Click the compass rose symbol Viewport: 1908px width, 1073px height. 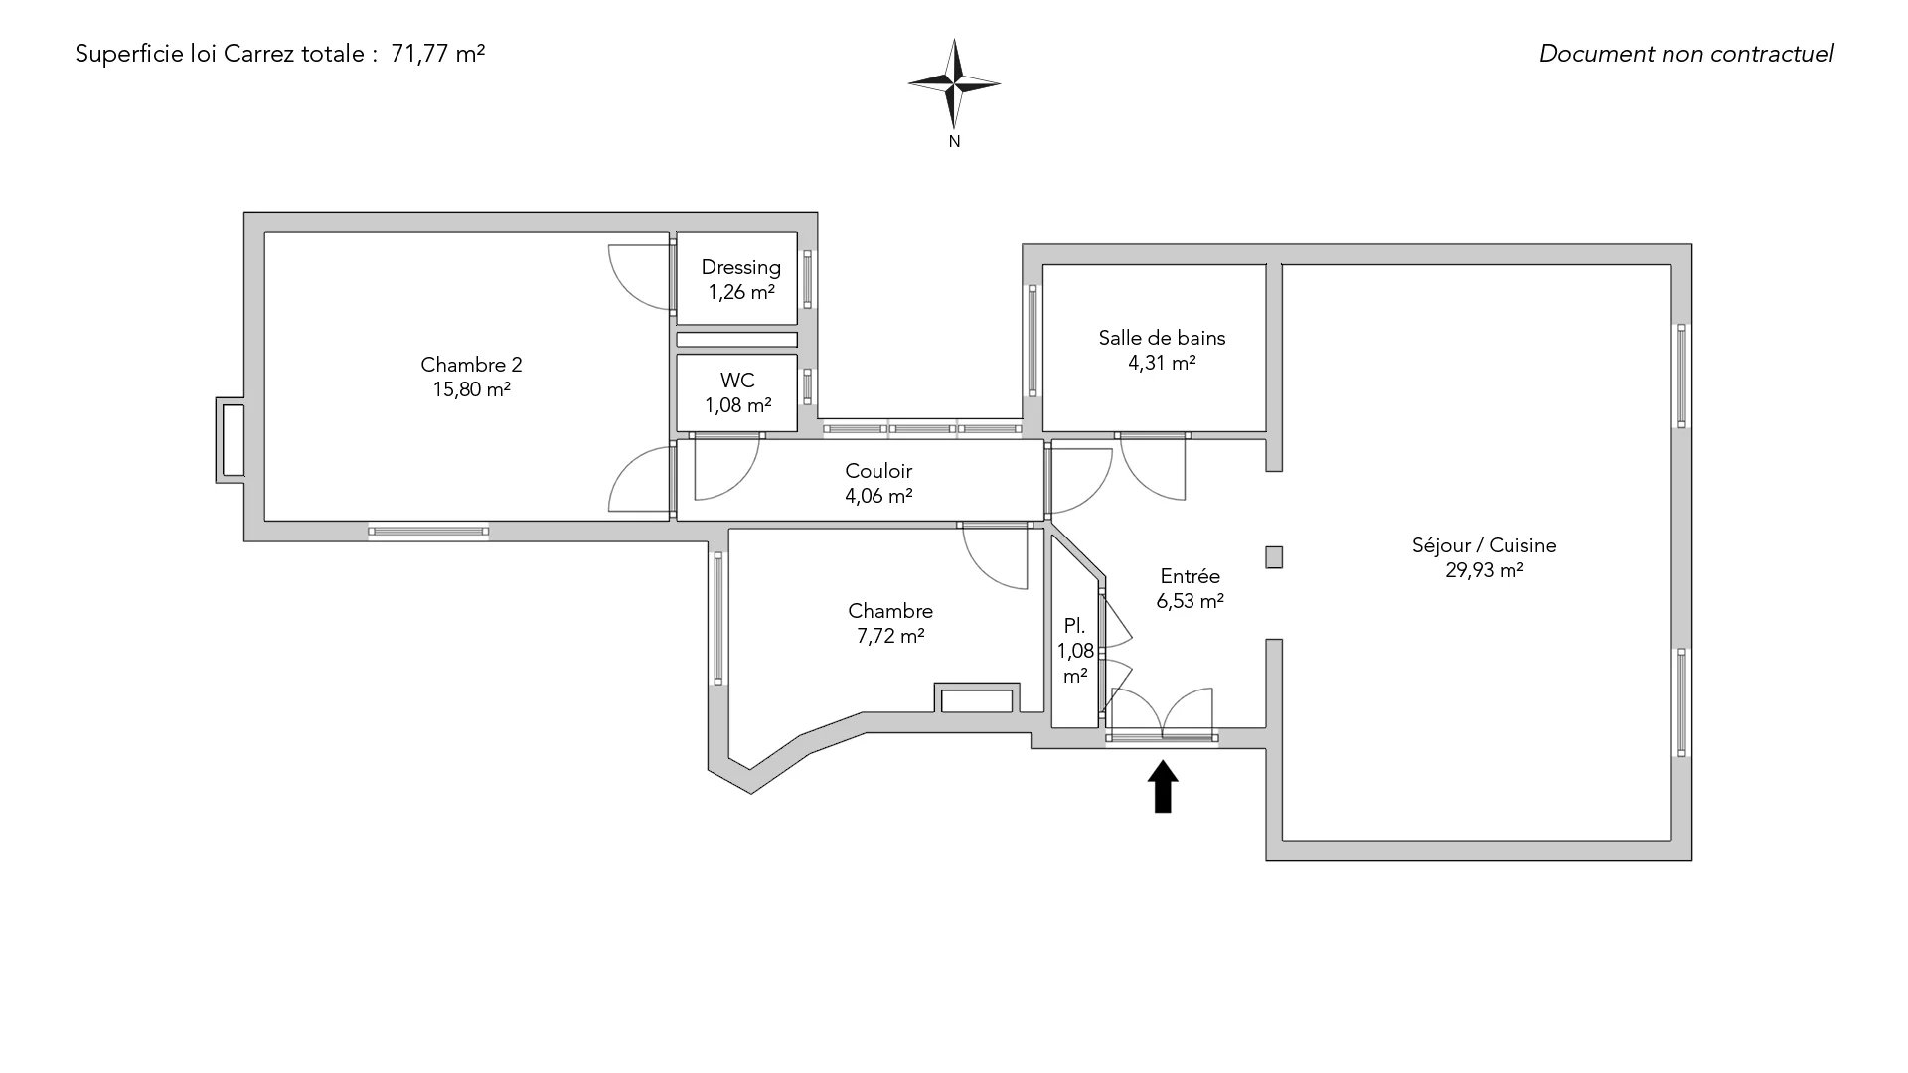click(954, 84)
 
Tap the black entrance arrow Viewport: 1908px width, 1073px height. click(1163, 786)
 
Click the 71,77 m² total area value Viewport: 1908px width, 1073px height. click(438, 54)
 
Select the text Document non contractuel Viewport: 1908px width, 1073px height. click(1685, 54)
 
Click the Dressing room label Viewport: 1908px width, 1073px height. click(740, 267)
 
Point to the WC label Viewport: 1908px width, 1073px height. click(737, 381)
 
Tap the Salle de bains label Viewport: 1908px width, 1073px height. click(1162, 338)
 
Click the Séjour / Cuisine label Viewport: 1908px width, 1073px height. click(1484, 545)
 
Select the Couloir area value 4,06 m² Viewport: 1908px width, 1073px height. click(878, 496)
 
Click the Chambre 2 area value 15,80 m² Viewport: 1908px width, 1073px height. click(471, 389)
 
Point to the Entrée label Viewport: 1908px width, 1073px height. click(1190, 576)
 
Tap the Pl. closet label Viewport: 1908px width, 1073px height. click(1074, 627)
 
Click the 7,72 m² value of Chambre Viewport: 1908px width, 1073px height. click(890, 636)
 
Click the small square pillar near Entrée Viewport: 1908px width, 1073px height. click(1274, 557)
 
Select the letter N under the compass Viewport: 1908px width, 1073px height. click(954, 142)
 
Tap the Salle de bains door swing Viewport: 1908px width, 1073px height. click(1153, 467)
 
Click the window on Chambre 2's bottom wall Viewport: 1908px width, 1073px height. click(428, 532)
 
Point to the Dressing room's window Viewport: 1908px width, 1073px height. click(807, 279)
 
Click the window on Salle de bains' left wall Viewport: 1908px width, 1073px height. click(1033, 341)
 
